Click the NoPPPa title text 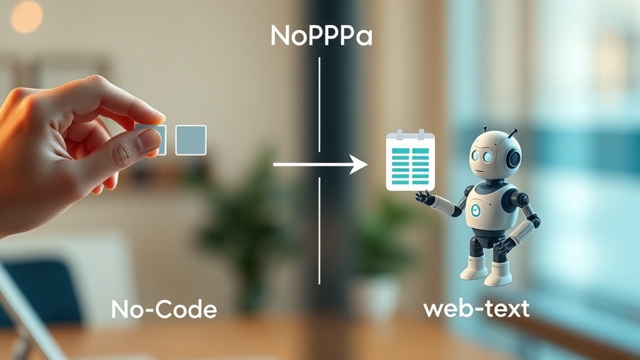[x=321, y=36]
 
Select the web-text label [x=476, y=309]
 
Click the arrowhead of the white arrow [x=359, y=164]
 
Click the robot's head [x=495, y=154]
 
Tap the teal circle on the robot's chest [x=476, y=210]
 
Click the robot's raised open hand [x=424, y=198]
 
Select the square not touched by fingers [x=191, y=140]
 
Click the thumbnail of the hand [x=149, y=141]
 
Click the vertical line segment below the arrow [x=319, y=231]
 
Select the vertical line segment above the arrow [x=319, y=104]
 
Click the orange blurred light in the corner [x=26, y=16]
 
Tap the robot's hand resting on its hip [x=504, y=246]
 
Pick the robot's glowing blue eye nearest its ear [x=487, y=157]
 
